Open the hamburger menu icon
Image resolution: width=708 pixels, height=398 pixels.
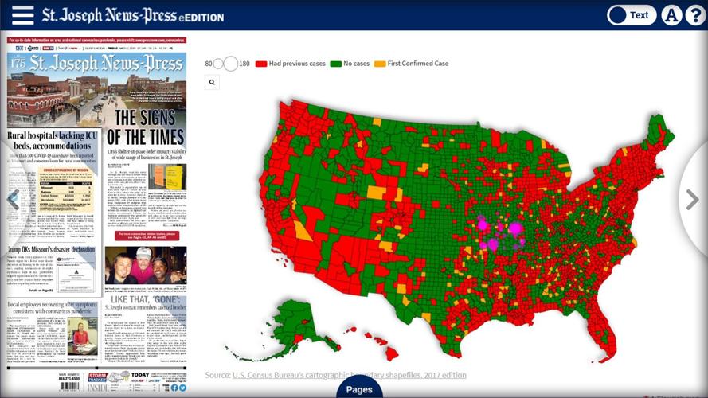(22, 15)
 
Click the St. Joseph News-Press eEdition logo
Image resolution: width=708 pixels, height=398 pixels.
(132, 15)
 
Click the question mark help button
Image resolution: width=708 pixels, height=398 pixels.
(695, 15)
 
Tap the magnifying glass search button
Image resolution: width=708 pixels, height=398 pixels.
(212, 81)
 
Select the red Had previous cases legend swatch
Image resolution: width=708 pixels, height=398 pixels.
(260, 64)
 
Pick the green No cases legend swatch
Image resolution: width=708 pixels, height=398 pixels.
(335, 64)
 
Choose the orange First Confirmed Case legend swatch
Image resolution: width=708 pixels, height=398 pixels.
(381, 64)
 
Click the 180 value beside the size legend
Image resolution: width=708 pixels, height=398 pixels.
(244, 64)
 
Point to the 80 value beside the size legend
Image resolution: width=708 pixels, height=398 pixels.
(209, 64)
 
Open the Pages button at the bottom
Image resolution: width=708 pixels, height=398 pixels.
(359, 389)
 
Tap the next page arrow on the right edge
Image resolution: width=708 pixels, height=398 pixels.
(692, 200)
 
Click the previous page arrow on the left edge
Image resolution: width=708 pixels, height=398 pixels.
(13, 200)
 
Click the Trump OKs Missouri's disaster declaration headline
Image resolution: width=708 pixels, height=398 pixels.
(51, 248)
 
